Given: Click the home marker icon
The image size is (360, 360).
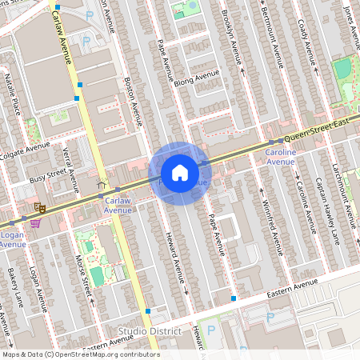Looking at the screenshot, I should [180, 173].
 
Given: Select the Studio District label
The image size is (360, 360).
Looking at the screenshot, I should [150, 331].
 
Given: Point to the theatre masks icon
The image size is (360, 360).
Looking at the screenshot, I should [37, 206].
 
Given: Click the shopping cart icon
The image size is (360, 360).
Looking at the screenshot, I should [35, 223].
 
